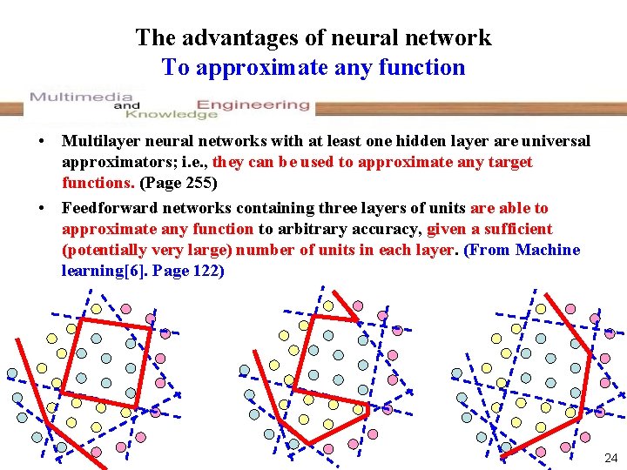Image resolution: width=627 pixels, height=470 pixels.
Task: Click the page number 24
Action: pos(610,457)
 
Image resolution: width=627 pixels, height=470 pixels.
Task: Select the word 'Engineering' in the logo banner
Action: pos(253,104)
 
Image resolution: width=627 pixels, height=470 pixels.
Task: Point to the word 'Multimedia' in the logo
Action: pos(81,97)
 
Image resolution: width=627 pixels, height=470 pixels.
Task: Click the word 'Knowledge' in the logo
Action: pos(171,114)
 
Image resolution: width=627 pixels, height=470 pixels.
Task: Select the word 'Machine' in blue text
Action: pos(547,250)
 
